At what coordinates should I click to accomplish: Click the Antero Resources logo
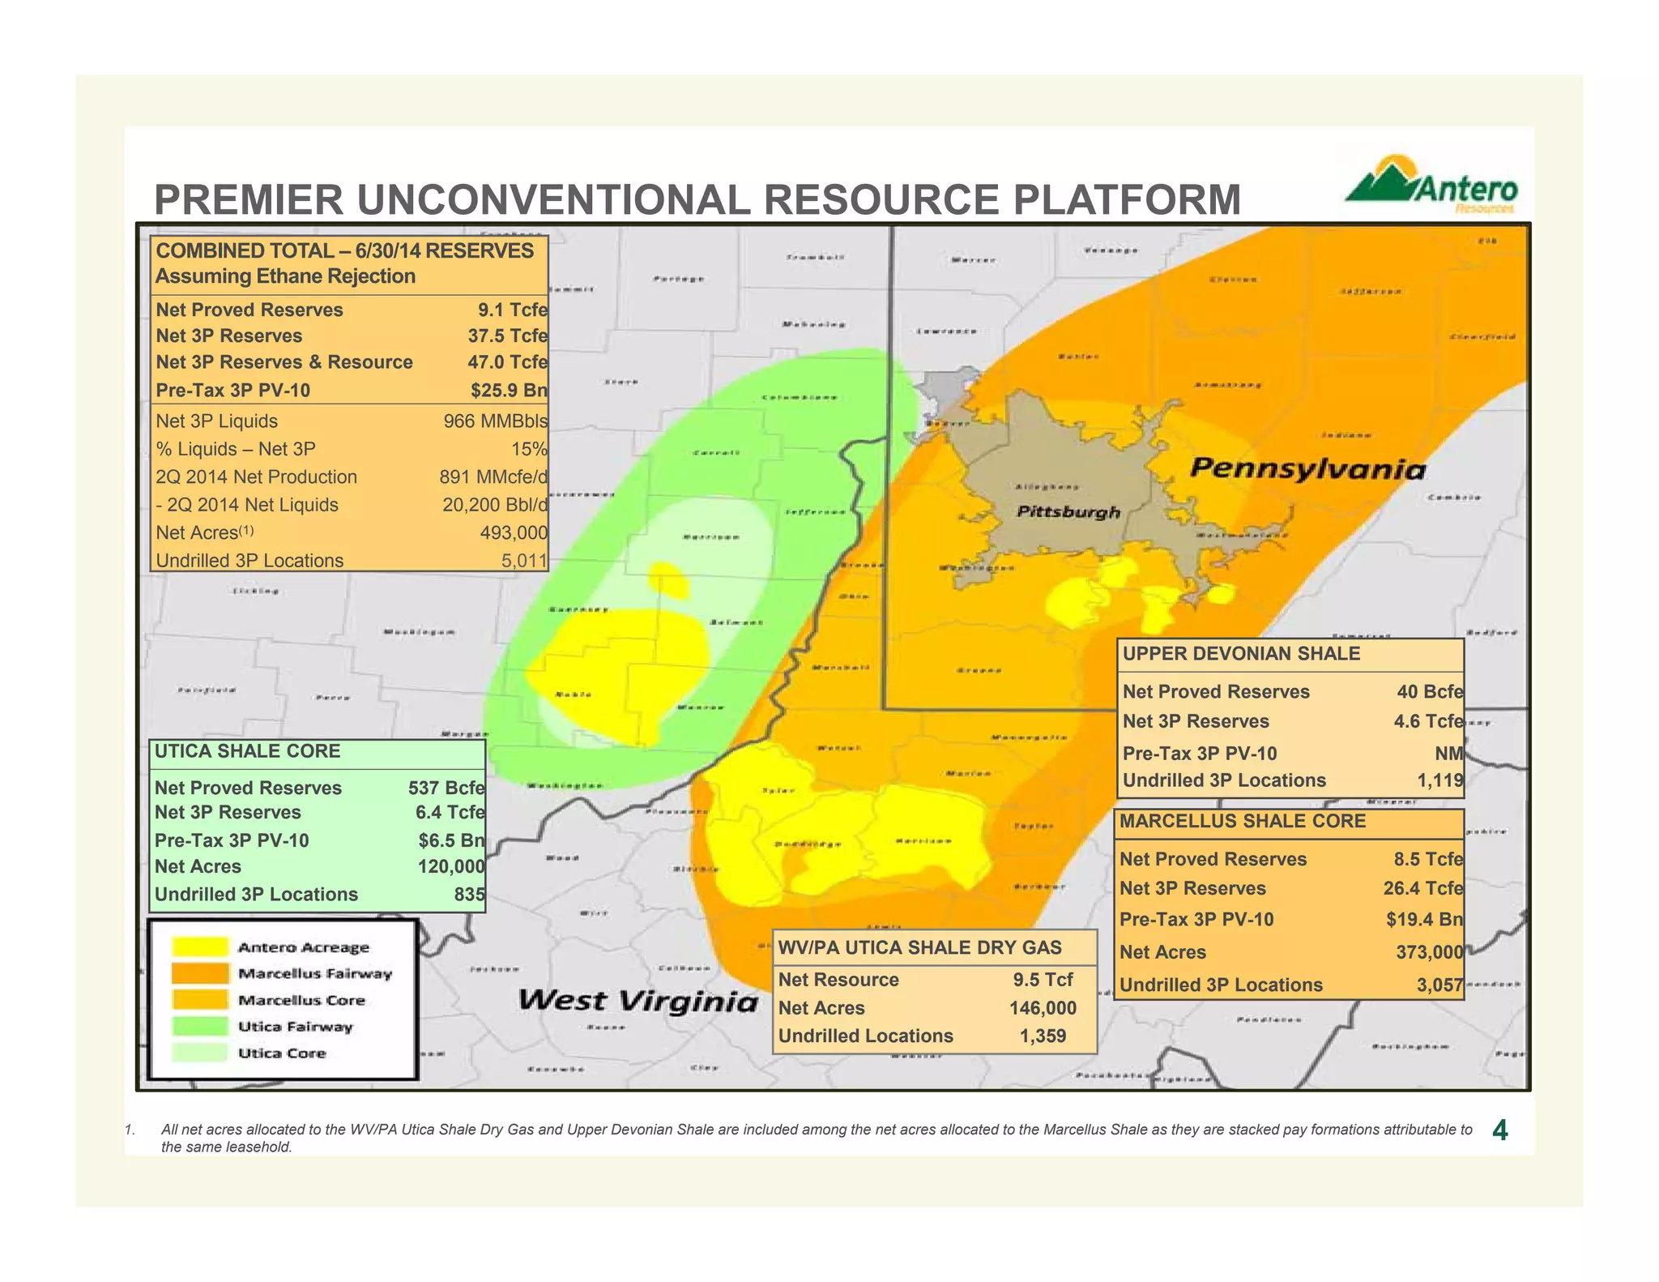[x=1432, y=185]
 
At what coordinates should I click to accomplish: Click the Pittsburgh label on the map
[x=1068, y=511]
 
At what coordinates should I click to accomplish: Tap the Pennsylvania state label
[x=1307, y=468]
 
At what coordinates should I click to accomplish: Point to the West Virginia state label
[x=638, y=1000]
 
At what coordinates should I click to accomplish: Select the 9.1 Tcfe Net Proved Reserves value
[x=512, y=310]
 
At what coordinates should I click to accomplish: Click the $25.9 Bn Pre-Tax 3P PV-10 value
[x=508, y=390]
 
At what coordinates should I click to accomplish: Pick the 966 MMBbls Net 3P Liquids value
[x=494, y=421]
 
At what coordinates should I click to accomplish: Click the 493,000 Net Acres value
[x=513, y=532]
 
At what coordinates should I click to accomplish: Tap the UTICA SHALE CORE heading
[x=247, y=751]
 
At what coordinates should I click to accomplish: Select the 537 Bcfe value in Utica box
[x=446, y=788]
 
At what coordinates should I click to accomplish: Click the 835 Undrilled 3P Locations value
[x=469, y=894]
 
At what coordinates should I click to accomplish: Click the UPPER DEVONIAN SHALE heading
[x=1241, y=654]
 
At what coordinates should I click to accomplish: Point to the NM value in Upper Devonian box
[x=1448, y=754]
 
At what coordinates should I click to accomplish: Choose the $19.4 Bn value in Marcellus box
[x=1424, y=919]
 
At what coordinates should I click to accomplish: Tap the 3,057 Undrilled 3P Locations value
[x=1439, y=985]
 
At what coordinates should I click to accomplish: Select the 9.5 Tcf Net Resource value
[x=1043, y=980]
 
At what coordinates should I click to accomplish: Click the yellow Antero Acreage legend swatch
[x=199, y=947]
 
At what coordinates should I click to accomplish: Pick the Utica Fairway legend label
[x=295, y=1027]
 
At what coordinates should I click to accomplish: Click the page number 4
[x=1499, y=1130]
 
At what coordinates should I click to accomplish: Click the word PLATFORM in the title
[x=1127, y=200]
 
